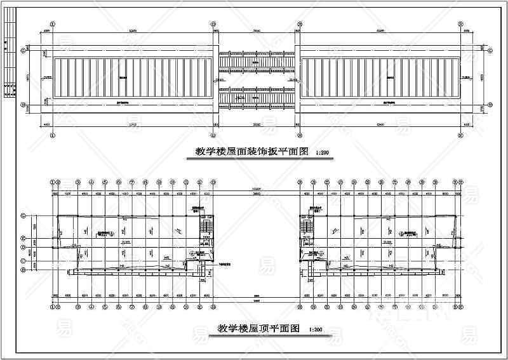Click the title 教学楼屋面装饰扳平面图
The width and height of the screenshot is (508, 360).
251,152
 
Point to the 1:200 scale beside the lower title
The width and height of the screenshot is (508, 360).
316,330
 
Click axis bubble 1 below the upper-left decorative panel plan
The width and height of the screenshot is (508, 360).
53,135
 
